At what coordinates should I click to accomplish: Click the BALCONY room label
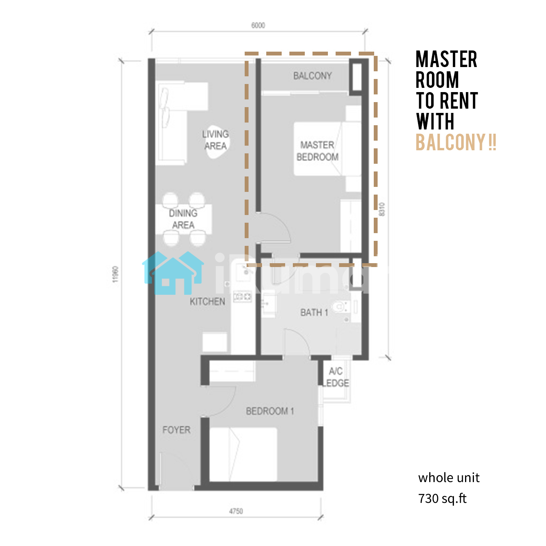(312, 76)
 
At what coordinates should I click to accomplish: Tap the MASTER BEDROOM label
(318, 151)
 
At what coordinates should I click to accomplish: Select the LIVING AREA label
(215, 140)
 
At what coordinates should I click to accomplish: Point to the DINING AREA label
(183, 219)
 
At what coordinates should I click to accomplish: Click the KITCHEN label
(207, 301)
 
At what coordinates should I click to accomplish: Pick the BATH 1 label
(314, 312)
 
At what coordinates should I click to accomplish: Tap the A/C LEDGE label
(336, 377)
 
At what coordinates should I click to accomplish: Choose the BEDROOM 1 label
(270, 411)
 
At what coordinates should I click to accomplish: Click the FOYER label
(176, 430)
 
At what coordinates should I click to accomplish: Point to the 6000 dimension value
(258, 25)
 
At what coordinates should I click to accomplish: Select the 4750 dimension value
(236, 511)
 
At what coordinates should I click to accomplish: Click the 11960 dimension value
(115, 274)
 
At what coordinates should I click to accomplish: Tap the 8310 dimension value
(382, 209)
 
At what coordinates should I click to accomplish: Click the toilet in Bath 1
(340, 307)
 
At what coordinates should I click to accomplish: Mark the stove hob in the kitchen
(242, 297)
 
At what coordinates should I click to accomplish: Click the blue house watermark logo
(173, 273)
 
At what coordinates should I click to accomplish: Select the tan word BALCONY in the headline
(451, 143)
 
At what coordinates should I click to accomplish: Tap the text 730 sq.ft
(442, 499)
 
